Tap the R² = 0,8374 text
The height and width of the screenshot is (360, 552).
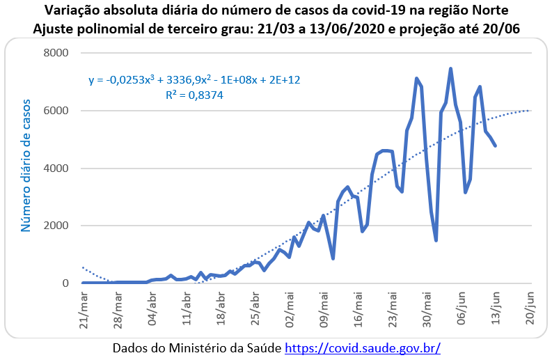point(194,95)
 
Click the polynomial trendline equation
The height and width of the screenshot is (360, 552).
point(194,80)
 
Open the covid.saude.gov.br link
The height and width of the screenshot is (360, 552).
point(363,347)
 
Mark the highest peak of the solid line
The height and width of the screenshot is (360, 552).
point(450,68)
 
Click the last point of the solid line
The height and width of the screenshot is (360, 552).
point(495,146)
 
